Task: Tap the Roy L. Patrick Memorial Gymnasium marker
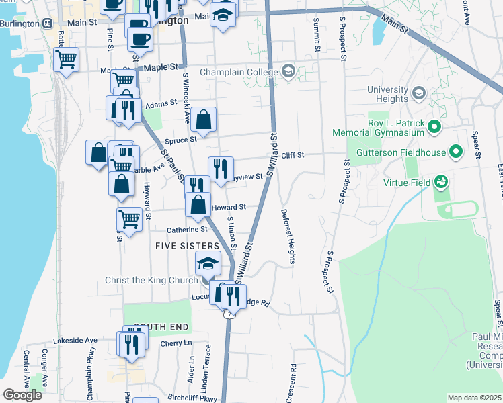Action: pyautogui.click(x=434, y=126)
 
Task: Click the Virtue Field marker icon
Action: pyautogui.click(x=441, y=181)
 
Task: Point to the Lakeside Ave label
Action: pyautogui.click(x=75, y=341)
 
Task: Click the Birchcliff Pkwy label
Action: pyautogui.click(x=194, y=398)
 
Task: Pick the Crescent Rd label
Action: pyautogui.click(x=291, y=384)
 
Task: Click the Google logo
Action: pyautogui.click(x=22, y=395)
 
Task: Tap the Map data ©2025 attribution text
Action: pyautogui.click(x=475, y=398)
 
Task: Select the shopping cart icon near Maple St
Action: pyautogui.click(x=67, y=59)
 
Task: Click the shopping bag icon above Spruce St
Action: pyautogui.click(x=203, y=120)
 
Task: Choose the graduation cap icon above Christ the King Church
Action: pyautogui.click(x=208, y=264)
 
